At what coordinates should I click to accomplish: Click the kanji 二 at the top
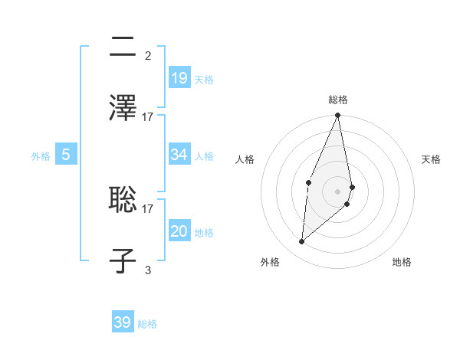[x=123, y=47]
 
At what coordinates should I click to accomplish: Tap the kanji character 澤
[x=123, y=108]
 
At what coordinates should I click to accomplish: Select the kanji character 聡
[x=123, y=200]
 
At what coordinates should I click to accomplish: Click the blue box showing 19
[x=179, y=77]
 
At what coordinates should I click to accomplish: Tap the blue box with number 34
[x=179, y=155]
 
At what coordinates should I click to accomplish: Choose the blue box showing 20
[x=179, y=231]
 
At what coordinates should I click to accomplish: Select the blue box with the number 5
[x=66, y=155]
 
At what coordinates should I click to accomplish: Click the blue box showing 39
[x=123, y=322]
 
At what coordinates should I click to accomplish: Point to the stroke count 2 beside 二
[x=148, y=55]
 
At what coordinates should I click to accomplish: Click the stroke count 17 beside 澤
[x=148, y=116]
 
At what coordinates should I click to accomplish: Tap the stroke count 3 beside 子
[x=148, y=270]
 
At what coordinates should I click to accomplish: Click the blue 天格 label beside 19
[x=204, y=79]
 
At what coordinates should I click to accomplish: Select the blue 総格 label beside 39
[x=147, y=324]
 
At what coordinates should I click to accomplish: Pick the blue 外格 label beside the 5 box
[x=41, y=156]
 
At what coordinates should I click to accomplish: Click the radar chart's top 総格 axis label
[x=337, y=100]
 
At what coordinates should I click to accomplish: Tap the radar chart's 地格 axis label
[x=402, y=262]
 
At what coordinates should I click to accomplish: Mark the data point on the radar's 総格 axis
[x=337, y=116]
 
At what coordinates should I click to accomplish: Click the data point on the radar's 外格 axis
[x=302, y=242]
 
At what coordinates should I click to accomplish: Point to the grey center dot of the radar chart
[x=337, y=191]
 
